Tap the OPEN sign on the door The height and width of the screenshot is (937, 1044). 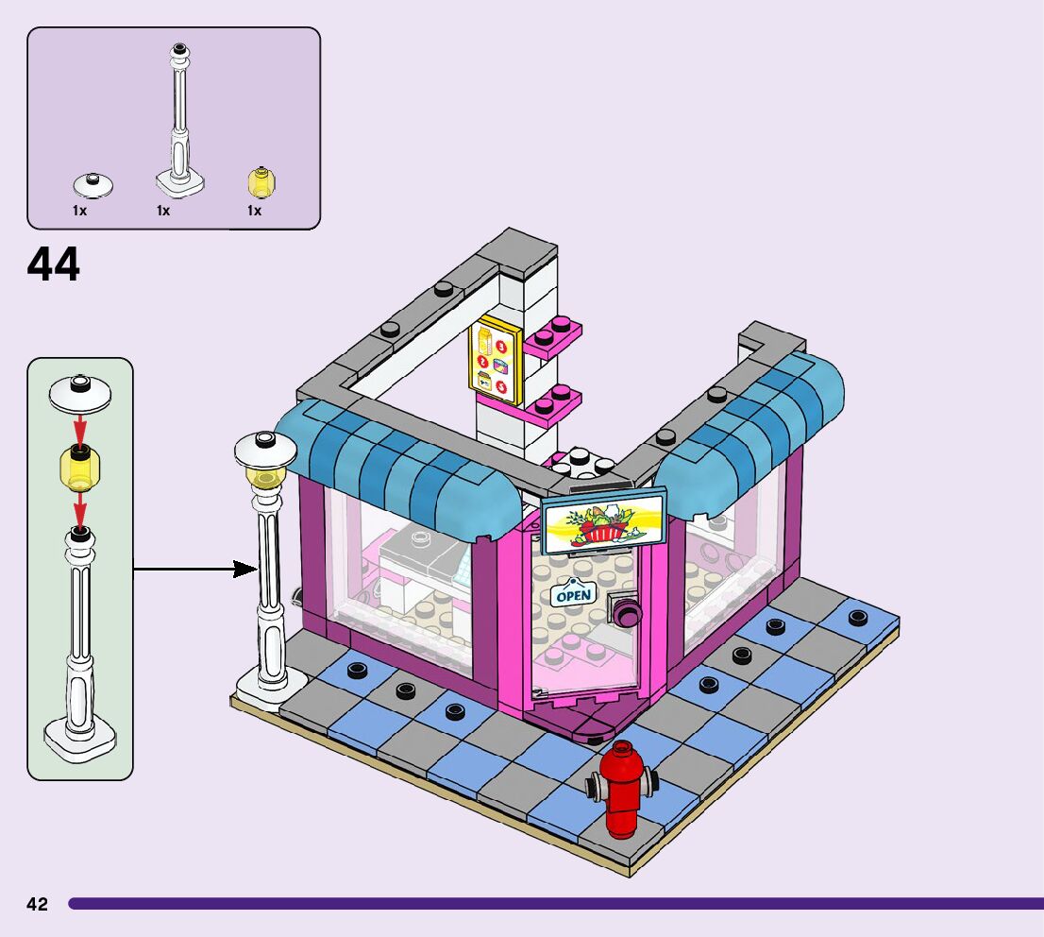573,595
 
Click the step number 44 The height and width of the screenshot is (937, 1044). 54,265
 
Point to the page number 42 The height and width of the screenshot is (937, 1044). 37,904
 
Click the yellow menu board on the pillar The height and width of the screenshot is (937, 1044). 496,364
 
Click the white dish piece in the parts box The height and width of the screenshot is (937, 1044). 93,182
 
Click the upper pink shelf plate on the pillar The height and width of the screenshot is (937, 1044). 553,336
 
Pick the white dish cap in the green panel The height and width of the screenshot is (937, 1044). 80,391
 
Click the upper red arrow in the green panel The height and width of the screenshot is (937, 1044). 80,429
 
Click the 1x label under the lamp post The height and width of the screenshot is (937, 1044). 163,212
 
